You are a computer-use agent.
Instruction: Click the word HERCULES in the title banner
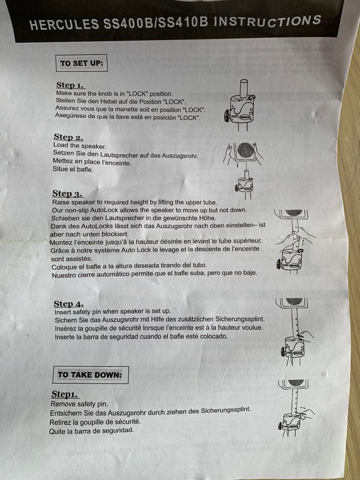click(64, 24)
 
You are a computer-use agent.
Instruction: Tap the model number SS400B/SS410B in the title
click(156, 23)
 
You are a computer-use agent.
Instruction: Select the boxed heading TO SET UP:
click(81, 63)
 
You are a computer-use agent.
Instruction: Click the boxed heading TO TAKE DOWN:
click(90, 375)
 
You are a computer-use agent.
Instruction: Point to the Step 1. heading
click(70, 85)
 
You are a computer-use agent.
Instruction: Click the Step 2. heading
click(68, 137)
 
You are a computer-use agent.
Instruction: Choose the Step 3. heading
click(67, 193)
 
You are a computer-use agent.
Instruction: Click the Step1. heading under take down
click(64, 394)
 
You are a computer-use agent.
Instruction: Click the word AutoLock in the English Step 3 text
click(104, 210)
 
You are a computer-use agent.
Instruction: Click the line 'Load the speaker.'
click(80, 146)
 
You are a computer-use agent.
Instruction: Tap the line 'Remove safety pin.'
click(79, 404)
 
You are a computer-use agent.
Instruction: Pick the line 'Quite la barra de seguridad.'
click(92, 430)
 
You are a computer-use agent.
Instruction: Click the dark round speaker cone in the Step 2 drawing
click(245, 150)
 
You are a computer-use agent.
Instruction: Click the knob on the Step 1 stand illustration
click(227, 116)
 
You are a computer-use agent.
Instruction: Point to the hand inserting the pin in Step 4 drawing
click(304, 337)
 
